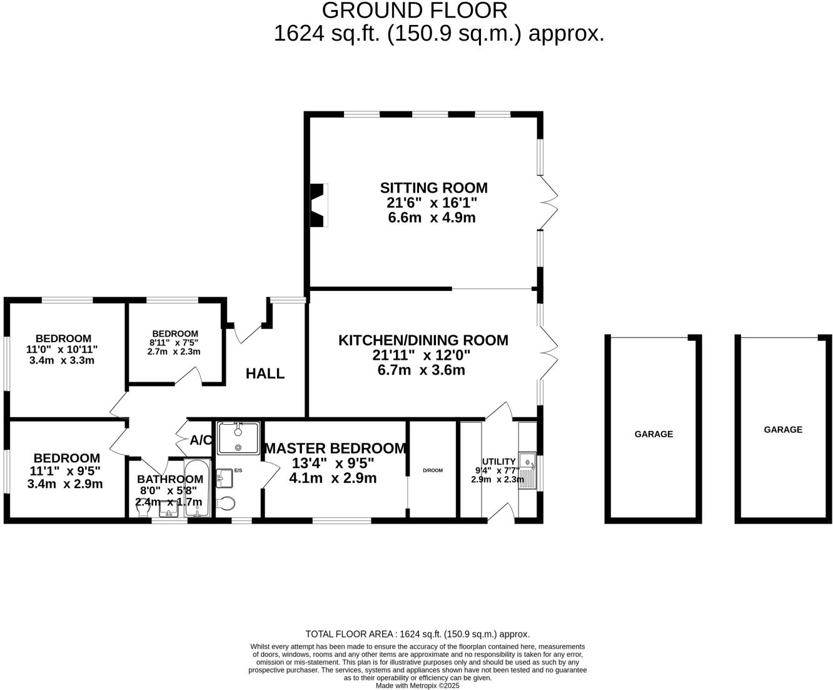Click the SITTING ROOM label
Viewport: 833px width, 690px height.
[433, 188]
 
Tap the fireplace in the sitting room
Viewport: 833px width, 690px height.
[319, 205]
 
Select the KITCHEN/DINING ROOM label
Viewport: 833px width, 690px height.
[423, 340]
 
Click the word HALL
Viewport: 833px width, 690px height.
[265, 373]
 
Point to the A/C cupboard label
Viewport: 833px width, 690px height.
[200, 440]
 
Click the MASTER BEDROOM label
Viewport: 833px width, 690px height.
[335, 449]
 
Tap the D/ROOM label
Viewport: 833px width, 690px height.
[432, 470]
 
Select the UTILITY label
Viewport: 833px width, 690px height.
[498, 462]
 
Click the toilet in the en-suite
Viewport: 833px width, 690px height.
[226, 504]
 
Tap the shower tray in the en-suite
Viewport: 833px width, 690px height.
[238, 438]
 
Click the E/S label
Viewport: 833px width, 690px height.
[238, 470]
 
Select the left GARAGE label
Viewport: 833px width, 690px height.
[654, 434]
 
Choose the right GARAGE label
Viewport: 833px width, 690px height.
[782, 430]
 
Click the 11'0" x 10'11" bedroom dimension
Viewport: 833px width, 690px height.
[62, 350]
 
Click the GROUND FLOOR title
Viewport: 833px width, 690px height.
[415, 11]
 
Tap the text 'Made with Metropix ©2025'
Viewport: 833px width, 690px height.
[417, 686]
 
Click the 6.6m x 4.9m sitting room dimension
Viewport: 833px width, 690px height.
[432, 218]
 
